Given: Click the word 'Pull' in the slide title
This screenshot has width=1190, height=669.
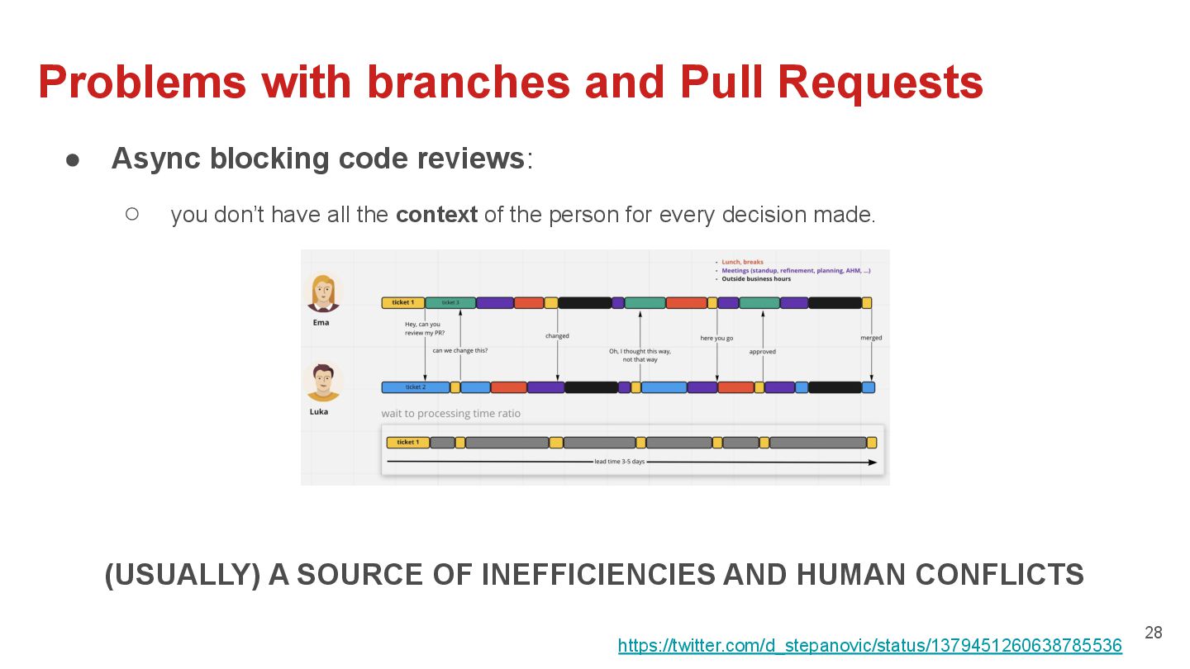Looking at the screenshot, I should [x=724, y=82].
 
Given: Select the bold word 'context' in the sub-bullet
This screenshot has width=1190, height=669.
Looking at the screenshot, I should [x=436, y=215].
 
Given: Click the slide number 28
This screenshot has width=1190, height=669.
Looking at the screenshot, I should [x=1153, y=633].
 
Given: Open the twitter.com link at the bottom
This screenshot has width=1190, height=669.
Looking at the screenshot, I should [x=869, y=646].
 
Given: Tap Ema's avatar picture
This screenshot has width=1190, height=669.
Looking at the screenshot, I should [x=321, y=292].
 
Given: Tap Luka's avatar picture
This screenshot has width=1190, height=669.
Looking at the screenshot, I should [x=321, y=382].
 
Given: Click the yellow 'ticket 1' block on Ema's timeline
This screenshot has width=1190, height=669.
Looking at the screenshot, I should [x=403, y=303].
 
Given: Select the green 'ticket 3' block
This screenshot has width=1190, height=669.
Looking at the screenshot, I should [x=450, y=303].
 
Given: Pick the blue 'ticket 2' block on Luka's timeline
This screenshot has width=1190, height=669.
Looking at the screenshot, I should [x=415, y=387].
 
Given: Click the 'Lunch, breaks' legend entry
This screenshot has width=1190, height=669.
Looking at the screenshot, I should [x=742, y=262].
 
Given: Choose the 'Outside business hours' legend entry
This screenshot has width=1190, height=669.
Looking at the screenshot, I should [x=756, y=279].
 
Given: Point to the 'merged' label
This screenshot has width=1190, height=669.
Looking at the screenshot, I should [x=870, y=338].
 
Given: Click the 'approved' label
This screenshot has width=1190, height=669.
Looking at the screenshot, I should [x=762, y=352].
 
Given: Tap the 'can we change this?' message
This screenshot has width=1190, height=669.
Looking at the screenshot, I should [x=459, y=351].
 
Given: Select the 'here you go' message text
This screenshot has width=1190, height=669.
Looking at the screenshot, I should [x=716, y=338].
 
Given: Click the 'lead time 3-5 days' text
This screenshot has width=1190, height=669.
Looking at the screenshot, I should [x=619, y=462].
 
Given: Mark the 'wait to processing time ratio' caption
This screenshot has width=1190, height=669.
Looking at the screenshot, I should [x=450, y=413].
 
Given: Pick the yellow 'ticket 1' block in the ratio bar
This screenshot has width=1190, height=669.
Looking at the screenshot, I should [x=407, y=443].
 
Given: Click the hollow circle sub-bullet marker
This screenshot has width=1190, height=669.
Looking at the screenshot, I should [x=132, y=214].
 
